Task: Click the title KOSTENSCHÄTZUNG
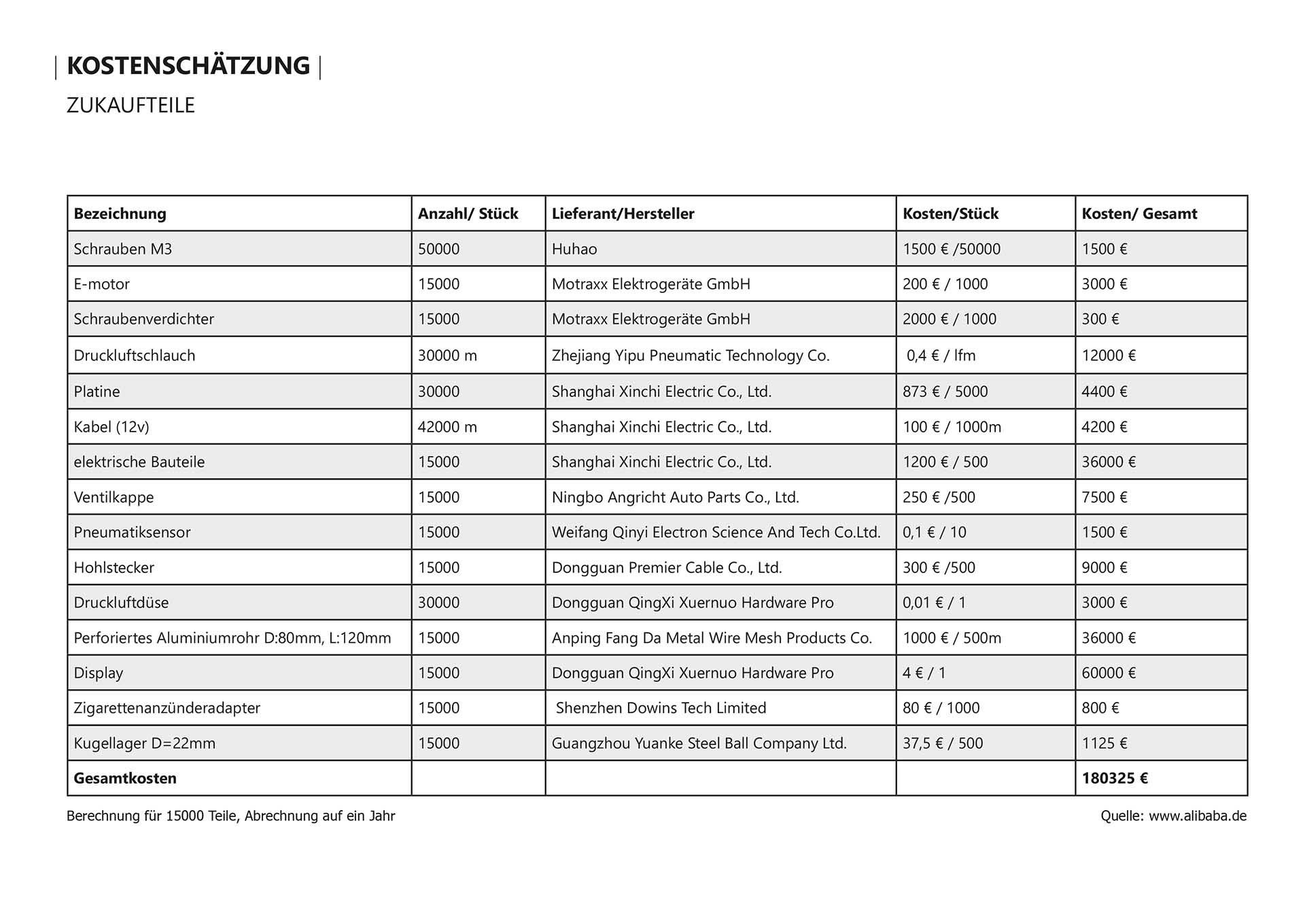point(188,66)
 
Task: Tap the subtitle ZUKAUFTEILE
point(130,105)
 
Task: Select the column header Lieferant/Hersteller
point(623,213)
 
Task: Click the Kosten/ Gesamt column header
point(1139,213)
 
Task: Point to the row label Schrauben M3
point(122,249)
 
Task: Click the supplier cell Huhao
point(574,249)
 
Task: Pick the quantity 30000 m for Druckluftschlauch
point(447,355)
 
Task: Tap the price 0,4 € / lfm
point(941,355)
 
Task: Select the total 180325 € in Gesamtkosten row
point(1115,778)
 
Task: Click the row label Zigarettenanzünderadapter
point(167,708)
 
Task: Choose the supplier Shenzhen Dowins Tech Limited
point(661,708)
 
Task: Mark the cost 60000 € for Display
point(1109,673)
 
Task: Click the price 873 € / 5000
point(945,391)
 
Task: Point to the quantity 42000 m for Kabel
point(447,427)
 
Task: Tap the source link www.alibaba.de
point(1198,816)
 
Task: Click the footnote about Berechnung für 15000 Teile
point(230,816)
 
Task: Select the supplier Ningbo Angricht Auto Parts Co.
point(675,498)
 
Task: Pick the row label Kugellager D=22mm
point(144,744)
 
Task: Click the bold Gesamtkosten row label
point(125,778)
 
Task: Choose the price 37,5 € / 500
point(943,744)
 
